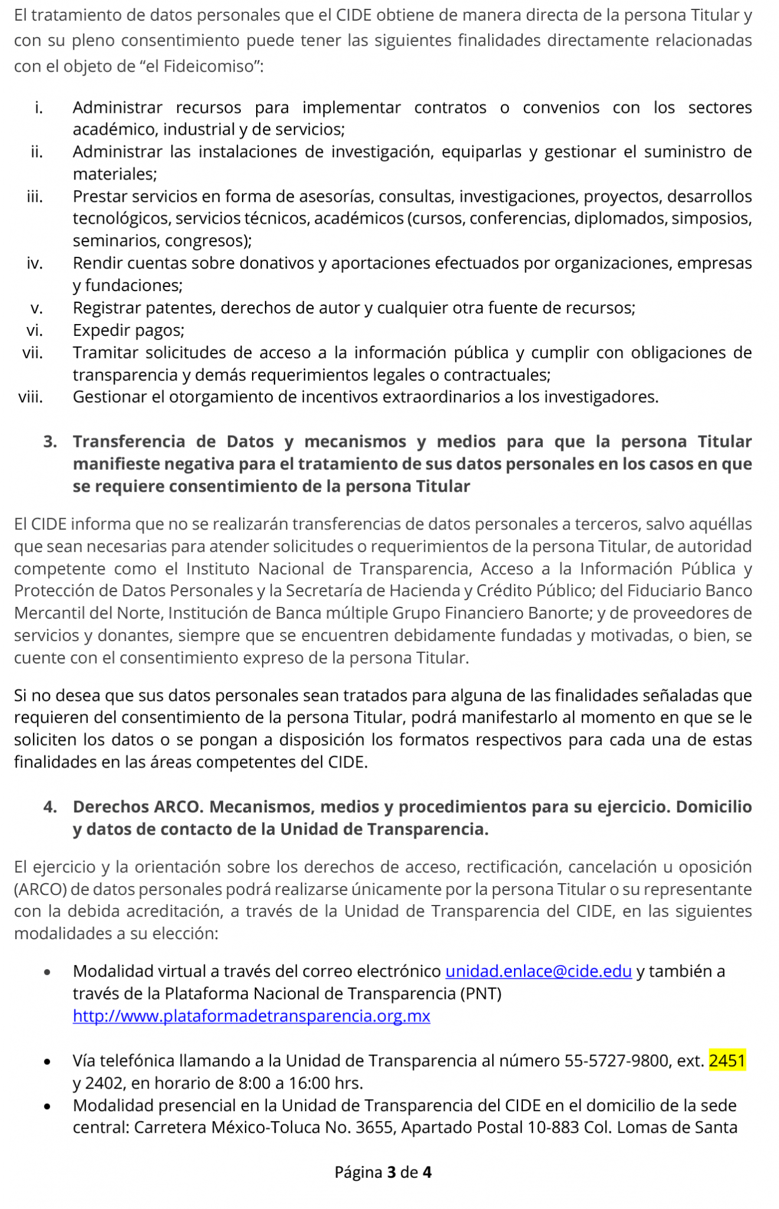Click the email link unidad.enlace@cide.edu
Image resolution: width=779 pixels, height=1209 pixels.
tap(538, 971)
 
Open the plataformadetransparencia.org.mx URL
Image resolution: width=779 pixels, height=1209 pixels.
tap(251, 1016)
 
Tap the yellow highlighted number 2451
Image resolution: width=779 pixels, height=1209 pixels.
tap(727, 1061)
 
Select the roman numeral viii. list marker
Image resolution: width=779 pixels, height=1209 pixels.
tap(31, 397)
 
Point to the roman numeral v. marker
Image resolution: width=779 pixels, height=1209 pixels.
tap(37, 308)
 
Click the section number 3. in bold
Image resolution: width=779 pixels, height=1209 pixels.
tap(50, 442)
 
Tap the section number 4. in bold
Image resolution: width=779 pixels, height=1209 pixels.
tap(50, 806)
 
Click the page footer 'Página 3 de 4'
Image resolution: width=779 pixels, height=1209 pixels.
tap(383, 1172)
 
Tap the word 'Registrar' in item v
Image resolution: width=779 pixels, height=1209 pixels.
tap(107, 308)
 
